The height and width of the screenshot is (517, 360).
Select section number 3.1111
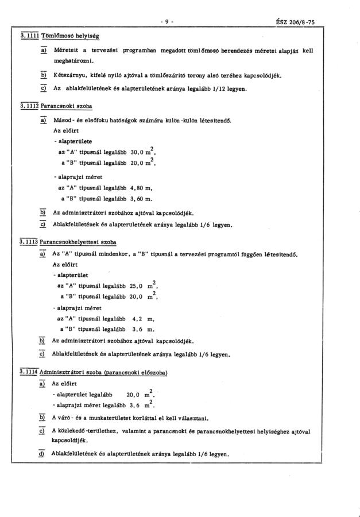(29, 36)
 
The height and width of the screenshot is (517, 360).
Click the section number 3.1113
(29, 241)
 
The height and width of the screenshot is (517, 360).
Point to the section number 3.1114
(29, 373)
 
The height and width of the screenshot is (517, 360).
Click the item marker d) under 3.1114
(42, 453)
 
